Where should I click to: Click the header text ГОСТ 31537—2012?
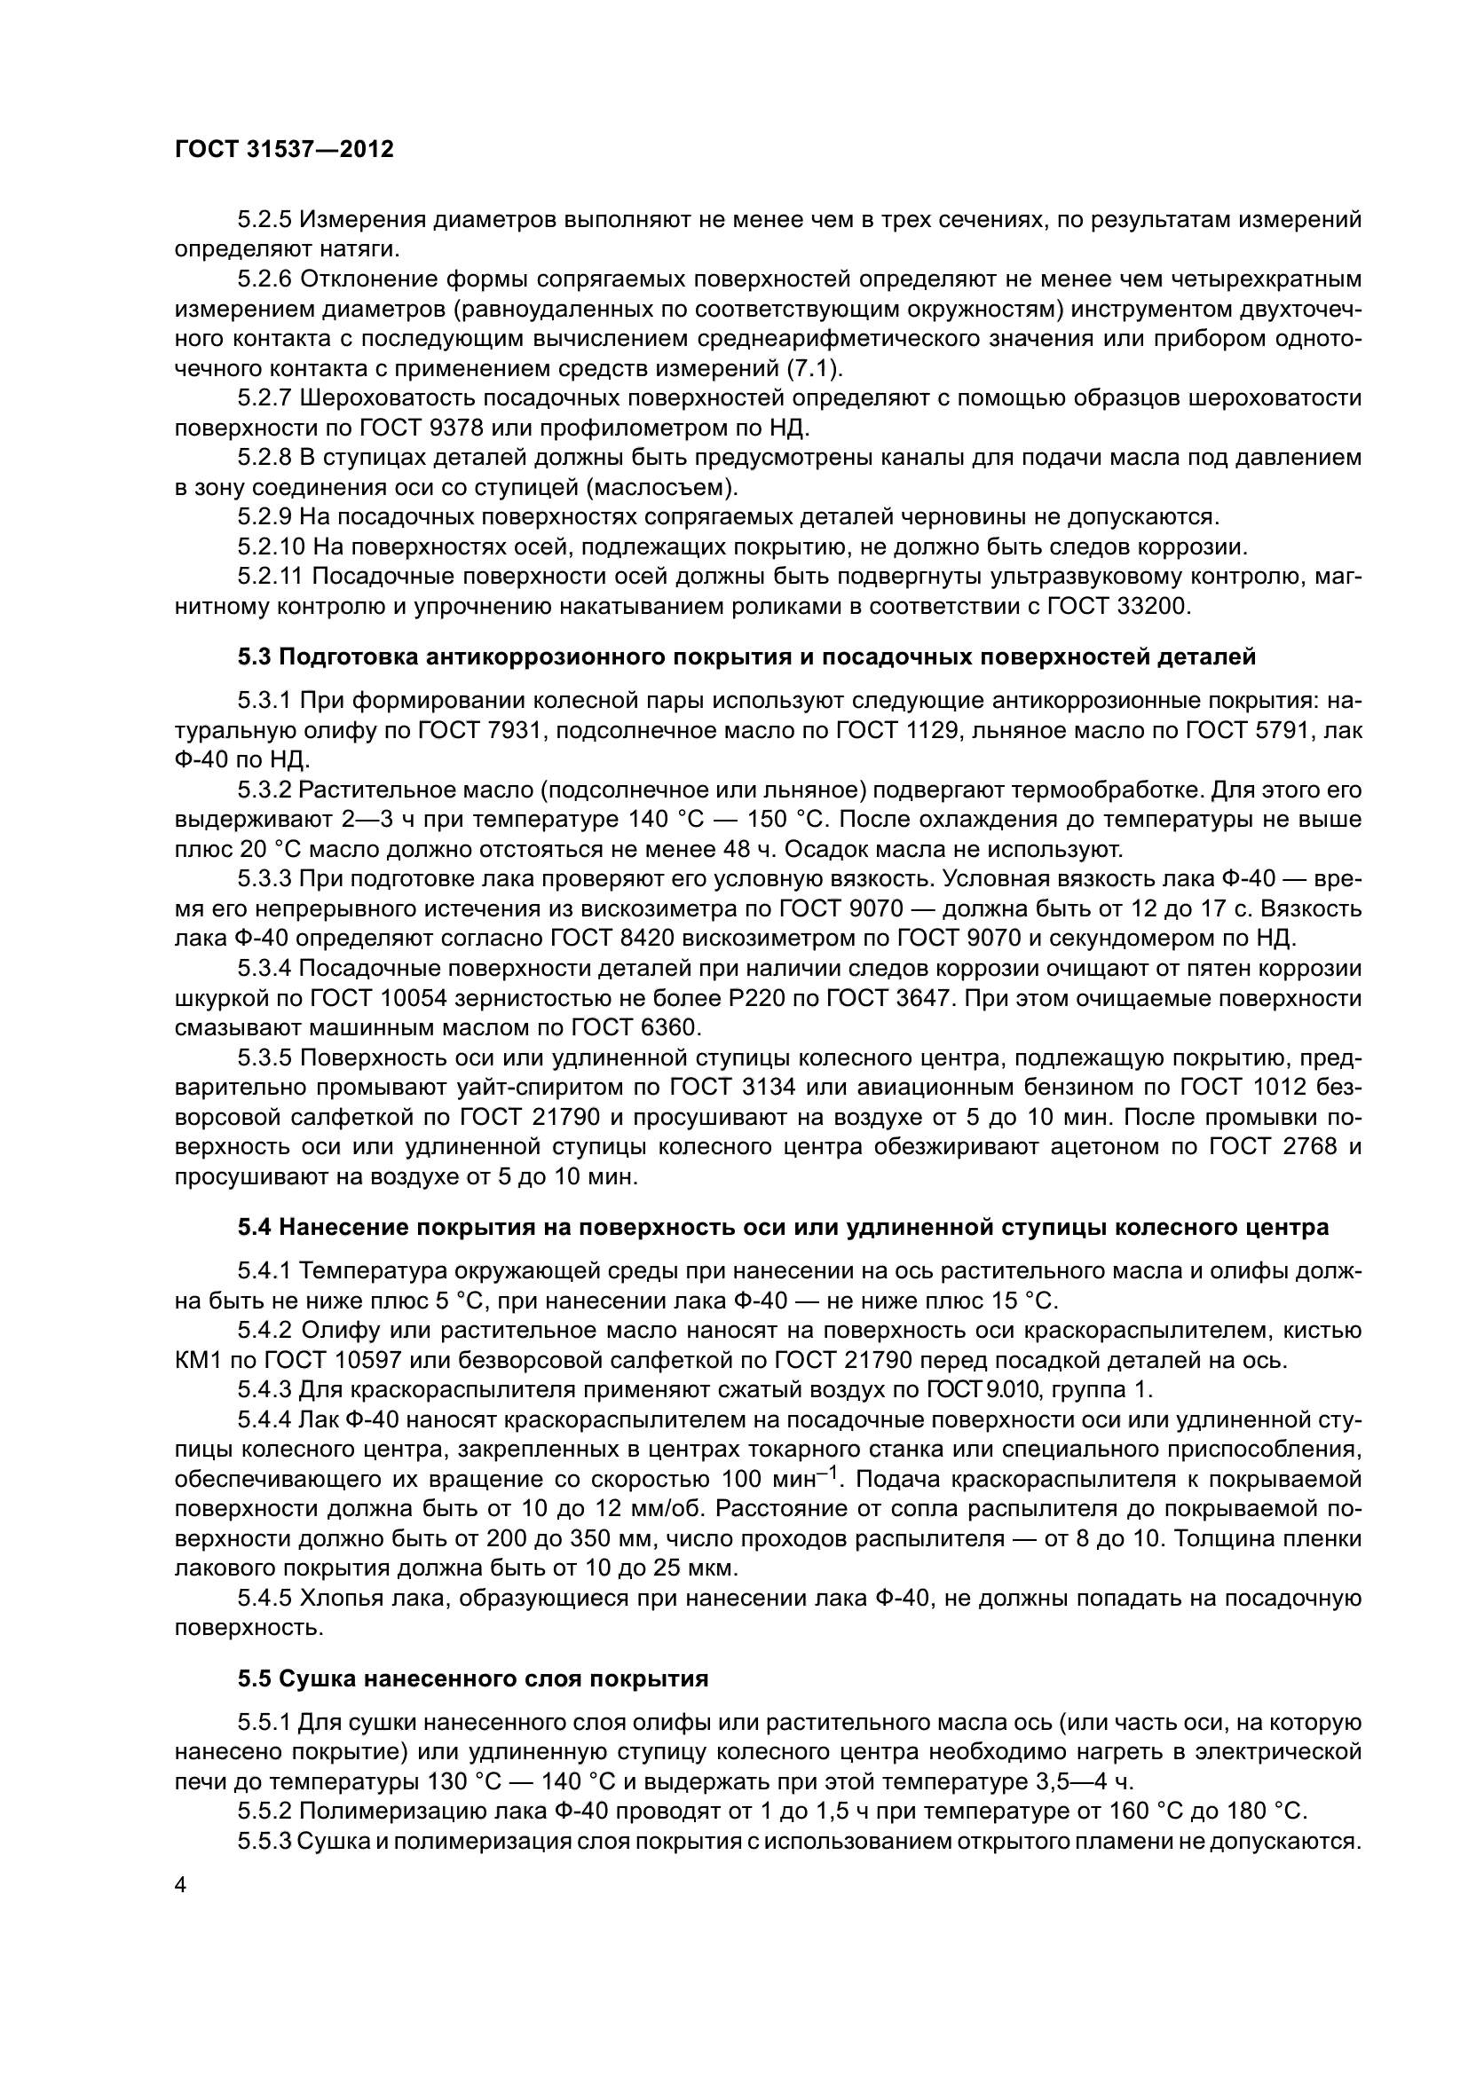[284, 149]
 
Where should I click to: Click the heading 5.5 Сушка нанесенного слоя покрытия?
[473, 1679]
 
